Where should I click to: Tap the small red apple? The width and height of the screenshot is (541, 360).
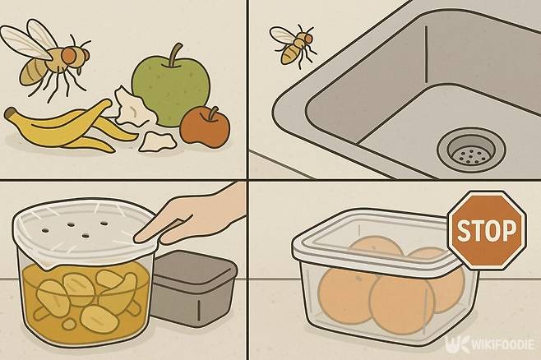click(205, 127)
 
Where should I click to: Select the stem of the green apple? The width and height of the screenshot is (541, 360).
click(175, 54)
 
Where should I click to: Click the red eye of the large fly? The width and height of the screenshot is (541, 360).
click(70, 55)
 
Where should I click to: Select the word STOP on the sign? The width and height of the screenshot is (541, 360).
click(487, 229)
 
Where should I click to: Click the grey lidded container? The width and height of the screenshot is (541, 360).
click(194, 288)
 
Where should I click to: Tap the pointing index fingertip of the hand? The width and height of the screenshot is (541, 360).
click(138, 238)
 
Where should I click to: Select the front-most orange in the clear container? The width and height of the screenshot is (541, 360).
click(401, 304)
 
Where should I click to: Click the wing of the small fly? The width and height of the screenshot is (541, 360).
click(282, 35)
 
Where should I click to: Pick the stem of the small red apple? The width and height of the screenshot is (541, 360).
click(213, 113)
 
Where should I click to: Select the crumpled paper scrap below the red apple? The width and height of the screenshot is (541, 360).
click(157, 141)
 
